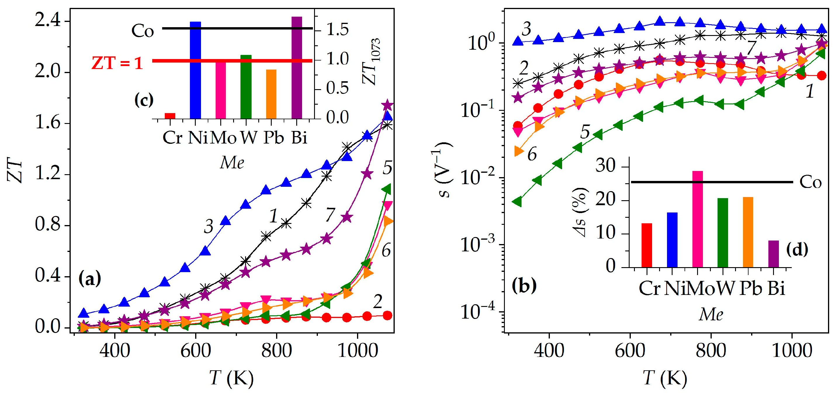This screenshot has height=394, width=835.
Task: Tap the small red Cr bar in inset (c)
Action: (170, 116)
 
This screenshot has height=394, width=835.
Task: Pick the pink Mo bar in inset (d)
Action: (698, 219)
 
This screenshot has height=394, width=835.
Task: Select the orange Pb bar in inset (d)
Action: (748, 232)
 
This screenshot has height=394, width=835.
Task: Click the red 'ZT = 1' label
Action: (117, 63)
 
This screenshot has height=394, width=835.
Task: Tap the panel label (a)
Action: (90, 278)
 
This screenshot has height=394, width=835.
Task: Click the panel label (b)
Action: (524, 285)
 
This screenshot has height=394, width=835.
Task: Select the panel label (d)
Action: (797, 249)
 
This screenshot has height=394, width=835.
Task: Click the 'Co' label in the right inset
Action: (810, 182)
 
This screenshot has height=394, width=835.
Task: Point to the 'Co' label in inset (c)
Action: (143, 31)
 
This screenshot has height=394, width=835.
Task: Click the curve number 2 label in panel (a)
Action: (378, 302)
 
